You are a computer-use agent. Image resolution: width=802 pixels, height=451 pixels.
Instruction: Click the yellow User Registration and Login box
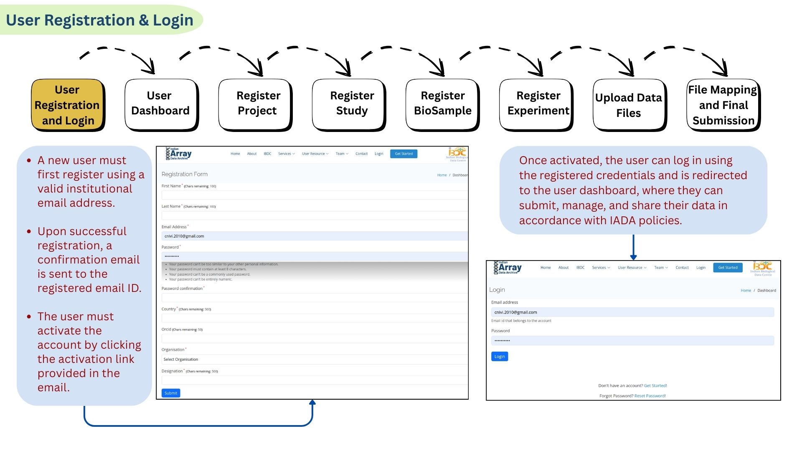tap(67, 105)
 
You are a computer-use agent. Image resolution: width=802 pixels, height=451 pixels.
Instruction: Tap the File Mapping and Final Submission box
tap(723, 105)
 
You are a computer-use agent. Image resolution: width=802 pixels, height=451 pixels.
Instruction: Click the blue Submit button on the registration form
tap(171, 393)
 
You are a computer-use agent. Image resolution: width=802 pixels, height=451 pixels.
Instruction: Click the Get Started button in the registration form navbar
tap(404, 154)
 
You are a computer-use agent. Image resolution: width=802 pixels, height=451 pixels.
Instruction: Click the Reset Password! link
tap(650, 396)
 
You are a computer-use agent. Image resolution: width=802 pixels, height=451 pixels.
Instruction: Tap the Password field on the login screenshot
tap(632, 341)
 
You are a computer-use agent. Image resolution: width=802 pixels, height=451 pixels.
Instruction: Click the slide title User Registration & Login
tap(100, 20)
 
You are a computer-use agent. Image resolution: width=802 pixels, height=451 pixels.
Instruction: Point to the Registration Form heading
tap(184, 174)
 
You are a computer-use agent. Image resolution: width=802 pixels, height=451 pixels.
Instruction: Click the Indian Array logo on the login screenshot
tap(508, 268)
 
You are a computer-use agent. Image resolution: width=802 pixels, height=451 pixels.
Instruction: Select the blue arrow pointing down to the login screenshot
tap(633, 247)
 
